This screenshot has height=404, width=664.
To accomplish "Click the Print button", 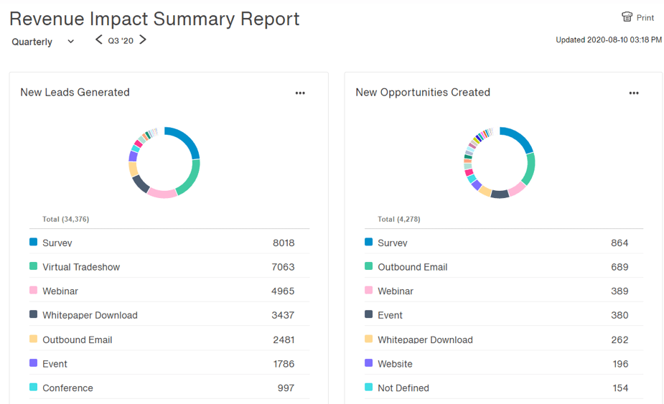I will point(637,17).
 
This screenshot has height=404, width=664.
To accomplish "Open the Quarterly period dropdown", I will point(42,42).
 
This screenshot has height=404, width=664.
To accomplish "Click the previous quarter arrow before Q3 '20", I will point(99,40).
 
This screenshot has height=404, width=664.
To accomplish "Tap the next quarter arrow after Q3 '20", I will point(143,40).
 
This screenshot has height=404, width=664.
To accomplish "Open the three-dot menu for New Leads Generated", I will point(300,93).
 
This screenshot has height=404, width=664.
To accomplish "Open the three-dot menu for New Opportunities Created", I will point(634,93).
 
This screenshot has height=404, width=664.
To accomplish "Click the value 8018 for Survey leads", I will point(284,243).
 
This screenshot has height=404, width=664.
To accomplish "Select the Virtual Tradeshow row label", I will point(81,267).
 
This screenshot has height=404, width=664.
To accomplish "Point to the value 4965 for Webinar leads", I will point(284,291).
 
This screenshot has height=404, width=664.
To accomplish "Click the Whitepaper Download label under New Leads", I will point(90,315).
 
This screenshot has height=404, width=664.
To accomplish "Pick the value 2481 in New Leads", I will point(284,339).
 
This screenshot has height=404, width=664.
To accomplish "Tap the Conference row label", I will point(67,388).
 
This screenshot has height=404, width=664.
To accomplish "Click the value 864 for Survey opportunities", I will point(619,243).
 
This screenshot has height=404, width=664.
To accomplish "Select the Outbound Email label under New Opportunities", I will point(413,267).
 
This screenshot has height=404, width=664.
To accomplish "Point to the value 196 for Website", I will point(619,364).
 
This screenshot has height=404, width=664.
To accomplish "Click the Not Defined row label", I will point(403,388).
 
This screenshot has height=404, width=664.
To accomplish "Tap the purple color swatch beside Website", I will point(369,363).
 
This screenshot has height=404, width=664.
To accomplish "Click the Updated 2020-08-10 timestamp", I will point(609,40).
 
